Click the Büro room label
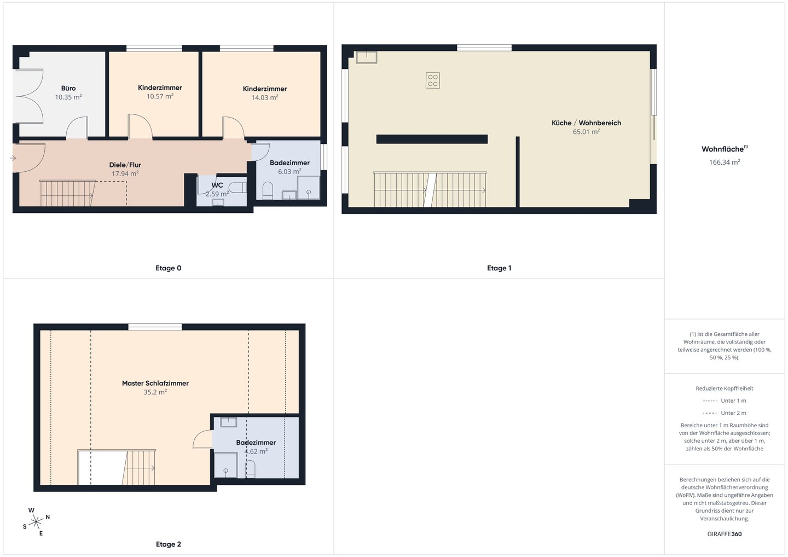click(x=68, y=88)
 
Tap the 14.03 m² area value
click(x=264, y=97)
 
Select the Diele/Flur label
click(x=125, y=165)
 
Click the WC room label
click(x=217, y=185)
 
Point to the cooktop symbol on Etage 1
click(x=433, y=80)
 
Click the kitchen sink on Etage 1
click(x=367, y=57)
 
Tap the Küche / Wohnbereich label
click(x=586, y=123)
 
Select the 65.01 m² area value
click(x=586, y=132)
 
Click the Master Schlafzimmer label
click(x=155, y=384)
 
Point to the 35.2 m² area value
click(x=155, y=392)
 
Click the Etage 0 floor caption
click(x=169, y=268)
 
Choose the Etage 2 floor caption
click(x=169, y=544)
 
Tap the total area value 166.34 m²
click(x=725, y=162)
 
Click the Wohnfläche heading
click(x=725, y=149)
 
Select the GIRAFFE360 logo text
click(x=725, y=534)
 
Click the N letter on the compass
click(x=48, y=517)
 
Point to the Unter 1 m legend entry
click(x=725, y=401)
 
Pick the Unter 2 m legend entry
click(x=725, y=413)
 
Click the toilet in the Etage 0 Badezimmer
click(x=268, y=190)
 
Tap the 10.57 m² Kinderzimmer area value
click(x=160, y=96)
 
